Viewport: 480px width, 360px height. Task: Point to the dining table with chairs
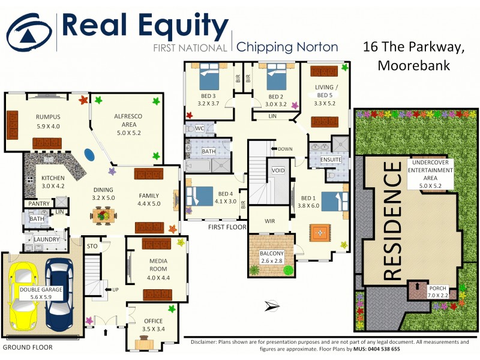click(102, 214)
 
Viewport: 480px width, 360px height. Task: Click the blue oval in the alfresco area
click(89, 155)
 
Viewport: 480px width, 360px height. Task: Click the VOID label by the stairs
click(278, 171)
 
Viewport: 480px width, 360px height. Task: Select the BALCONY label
click(272, 254)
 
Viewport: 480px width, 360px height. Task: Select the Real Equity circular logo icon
click(28, 33)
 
